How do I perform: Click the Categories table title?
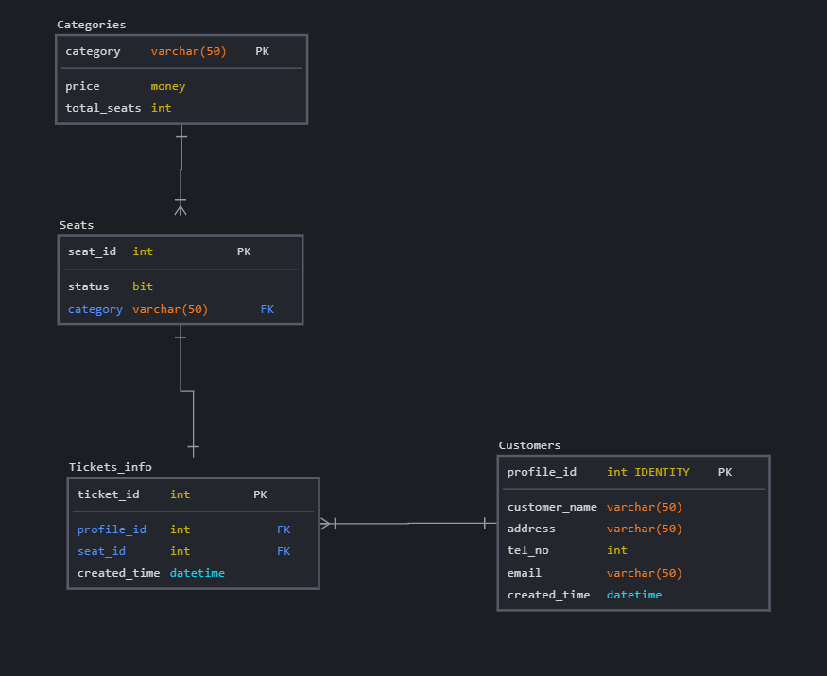coord(91,25)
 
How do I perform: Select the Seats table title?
coord(77,225)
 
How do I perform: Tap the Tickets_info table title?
coord(110,467)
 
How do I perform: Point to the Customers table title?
coord(529,445)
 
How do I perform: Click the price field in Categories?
coord(82,86)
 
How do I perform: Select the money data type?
coord(168,86)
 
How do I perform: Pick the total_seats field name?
coord(103,108)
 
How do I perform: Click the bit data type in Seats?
coord(143,286)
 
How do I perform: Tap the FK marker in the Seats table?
coord(267,309)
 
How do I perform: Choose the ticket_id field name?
coord(108,494)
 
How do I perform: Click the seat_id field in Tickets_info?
coord(101,551)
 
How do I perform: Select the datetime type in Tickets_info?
coord(198,573)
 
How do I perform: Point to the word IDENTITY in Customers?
coord(662,472)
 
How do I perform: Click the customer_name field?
coord(552,507)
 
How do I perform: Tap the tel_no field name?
coord(527,550)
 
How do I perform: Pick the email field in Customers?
coord(524,573)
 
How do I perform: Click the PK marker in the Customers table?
coord(725,472)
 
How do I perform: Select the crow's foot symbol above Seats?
coord(181,207)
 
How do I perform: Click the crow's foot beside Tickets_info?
coord(326,523)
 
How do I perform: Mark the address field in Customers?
coord(531,529)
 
